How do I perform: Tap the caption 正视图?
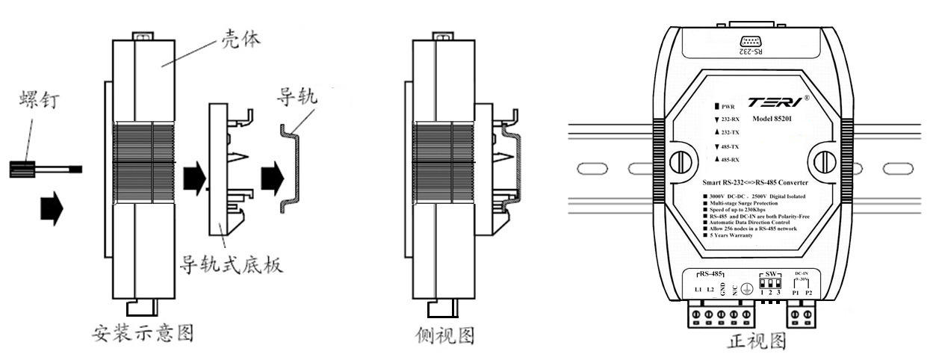pos(757,341)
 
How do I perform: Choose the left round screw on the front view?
pos(681,162)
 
